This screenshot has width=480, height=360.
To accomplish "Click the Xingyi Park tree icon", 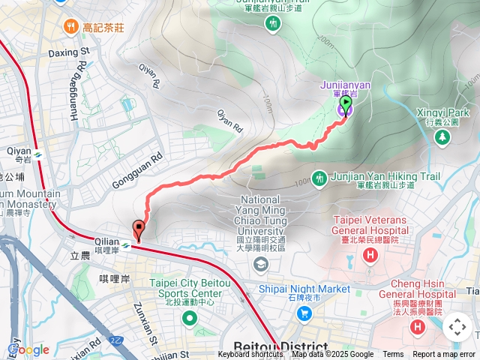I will [442, 137].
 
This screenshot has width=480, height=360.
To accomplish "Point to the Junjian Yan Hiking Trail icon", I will [320, 178].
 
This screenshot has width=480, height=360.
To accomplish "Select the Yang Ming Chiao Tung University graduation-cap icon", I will [260, 263].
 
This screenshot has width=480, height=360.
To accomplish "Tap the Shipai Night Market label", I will [304, 289].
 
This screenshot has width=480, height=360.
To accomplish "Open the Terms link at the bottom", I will [393, 355].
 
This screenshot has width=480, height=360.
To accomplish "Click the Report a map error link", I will [444, 355].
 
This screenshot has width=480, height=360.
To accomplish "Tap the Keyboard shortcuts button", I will [250, 355].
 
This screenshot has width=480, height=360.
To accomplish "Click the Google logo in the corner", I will [28, 349].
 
